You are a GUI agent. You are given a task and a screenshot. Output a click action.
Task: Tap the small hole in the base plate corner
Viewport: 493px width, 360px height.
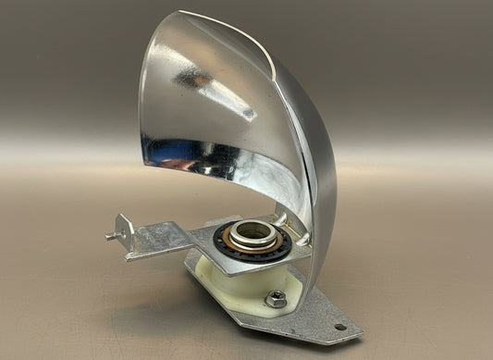point(339,327)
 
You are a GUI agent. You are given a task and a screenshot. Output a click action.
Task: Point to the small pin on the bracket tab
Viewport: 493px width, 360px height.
point(110,235)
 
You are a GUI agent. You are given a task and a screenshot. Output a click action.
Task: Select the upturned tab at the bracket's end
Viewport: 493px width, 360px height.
point(123,226)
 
